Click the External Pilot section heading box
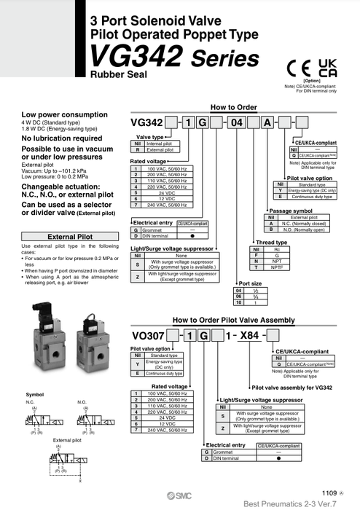point(69,237)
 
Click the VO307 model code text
point(146,336)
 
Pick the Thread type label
point(270,242)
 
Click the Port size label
point(251,283)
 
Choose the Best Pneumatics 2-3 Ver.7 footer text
point(300,503)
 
